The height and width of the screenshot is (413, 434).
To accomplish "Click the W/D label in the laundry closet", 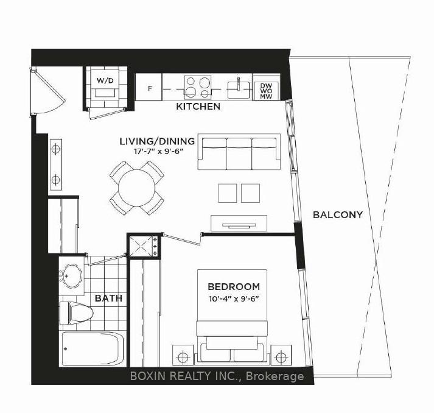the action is click(x=105, y=80).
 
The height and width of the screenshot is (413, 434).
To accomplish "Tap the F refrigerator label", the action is click(x=150, y=89).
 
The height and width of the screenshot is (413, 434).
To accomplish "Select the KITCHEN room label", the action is click(x=198, y=107).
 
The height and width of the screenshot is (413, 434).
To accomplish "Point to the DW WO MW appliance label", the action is click(x=266, y=91).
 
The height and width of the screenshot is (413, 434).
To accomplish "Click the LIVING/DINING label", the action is click(x=157, y=141).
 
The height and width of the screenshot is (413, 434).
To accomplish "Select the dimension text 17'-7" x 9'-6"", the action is click(x=159, y=152).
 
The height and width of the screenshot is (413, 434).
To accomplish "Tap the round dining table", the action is click(x=137, y=188).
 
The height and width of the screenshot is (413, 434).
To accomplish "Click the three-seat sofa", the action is click(x=239, y=152).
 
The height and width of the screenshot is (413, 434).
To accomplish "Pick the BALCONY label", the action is click(x=338, y=214).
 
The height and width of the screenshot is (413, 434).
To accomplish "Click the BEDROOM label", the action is click(x=234, y=286).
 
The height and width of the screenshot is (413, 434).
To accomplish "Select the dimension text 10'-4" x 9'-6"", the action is click(x=234, y=299).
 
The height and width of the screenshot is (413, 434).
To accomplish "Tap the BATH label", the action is click(x=108, y=298).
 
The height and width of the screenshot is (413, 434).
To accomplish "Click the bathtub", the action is click(x=92, y=348).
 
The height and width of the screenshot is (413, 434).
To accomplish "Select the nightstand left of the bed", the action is click(x=183, y=355).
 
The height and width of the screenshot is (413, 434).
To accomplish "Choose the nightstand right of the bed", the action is click(x=281, y=355).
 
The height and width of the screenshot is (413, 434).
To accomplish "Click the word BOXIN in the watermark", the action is click(x=148, y=376).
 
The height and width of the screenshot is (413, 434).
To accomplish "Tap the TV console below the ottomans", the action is click(x=239, y=223).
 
